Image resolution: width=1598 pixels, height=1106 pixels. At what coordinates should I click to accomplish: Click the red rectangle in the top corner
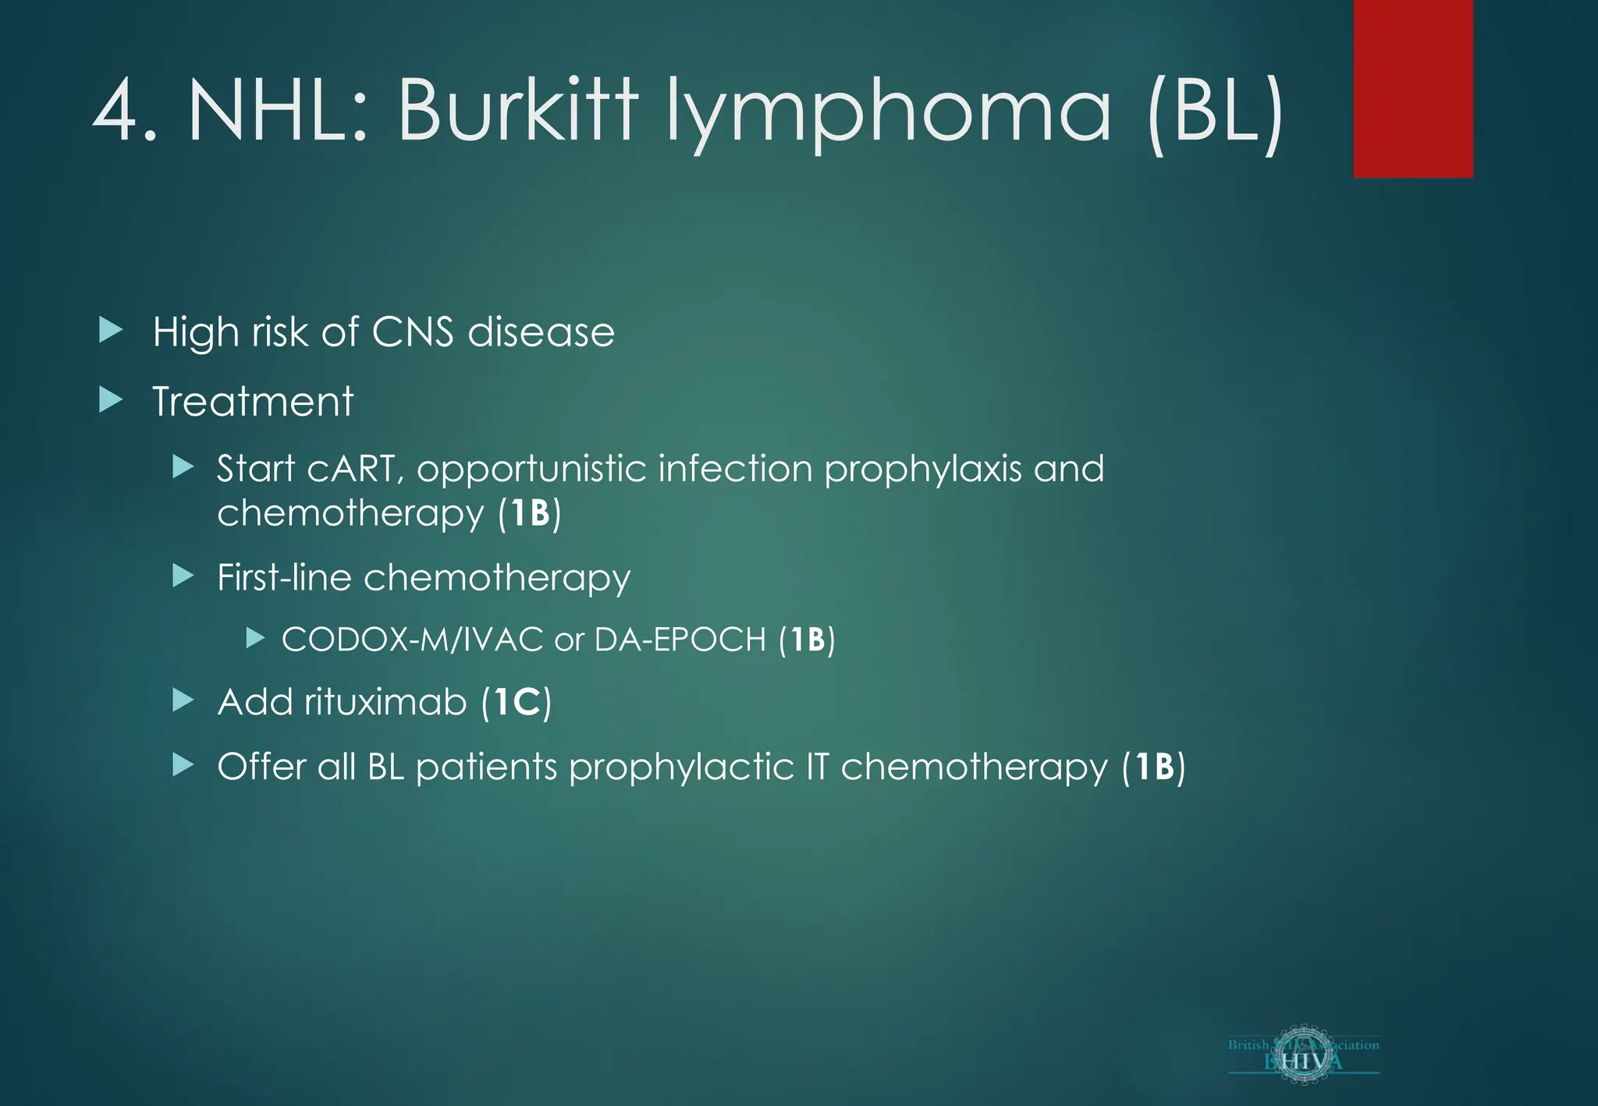tap(1412, 88)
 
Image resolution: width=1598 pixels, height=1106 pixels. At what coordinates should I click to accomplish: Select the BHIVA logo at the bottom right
tap(1303, 1055)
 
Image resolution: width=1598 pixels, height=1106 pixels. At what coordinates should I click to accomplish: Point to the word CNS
tap(412, 332)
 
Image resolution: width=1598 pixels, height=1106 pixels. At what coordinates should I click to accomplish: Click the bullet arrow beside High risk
tap(111, 331)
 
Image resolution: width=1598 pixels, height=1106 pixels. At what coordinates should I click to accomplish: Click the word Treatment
tap(253, 402)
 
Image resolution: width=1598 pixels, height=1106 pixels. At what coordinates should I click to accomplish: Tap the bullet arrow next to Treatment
tap(111, 400)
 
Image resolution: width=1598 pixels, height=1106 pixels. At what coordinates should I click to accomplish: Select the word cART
tap(353, 469)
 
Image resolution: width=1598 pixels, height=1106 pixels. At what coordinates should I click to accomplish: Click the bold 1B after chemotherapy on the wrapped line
tap(530, 513)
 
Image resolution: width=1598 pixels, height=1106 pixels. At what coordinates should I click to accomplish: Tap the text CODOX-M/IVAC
tap(412, 640)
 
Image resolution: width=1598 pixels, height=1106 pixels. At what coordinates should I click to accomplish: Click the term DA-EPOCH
tap(680, 640)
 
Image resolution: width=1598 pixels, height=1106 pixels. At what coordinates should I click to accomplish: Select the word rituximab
tap(385, 702)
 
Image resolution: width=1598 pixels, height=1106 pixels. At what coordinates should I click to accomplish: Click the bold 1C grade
tap(517, 702)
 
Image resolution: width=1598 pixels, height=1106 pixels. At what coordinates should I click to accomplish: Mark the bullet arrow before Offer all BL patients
tap(183, 765)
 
